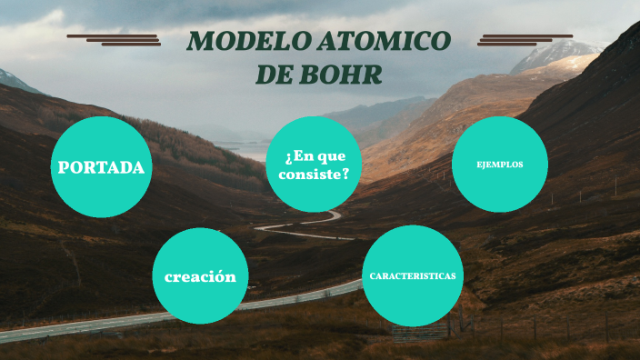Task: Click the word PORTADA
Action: click(101, 167)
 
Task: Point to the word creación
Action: click(200, 276)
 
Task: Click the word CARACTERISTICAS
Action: click(413, 275)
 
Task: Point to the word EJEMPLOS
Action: click(499, 165)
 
